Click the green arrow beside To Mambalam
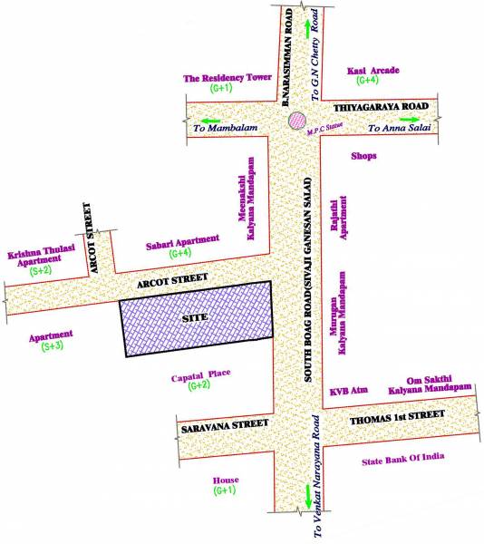coord(209,119)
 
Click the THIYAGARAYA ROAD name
coord(378,105)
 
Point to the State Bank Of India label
coord(403,457)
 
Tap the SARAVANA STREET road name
coord(223,424)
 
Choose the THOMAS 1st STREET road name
coord(398,417)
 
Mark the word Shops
coord(364,156)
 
